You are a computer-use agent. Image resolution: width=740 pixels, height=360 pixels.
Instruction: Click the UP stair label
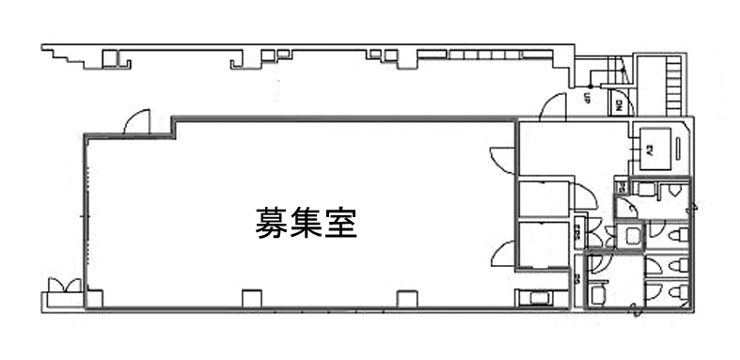coord(586,98)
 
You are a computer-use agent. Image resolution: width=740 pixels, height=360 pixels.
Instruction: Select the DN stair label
coord(621,104)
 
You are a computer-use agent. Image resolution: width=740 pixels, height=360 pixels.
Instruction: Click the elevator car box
coord(653,146)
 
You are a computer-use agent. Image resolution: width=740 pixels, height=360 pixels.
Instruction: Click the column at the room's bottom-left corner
coord(94,298)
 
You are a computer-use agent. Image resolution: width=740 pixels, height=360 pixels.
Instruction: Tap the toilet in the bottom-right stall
coord(674,293)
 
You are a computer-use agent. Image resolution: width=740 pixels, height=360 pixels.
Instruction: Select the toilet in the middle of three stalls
coord(675,266)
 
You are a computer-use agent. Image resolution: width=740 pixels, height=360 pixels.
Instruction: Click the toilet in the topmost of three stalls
coord(676,233)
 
